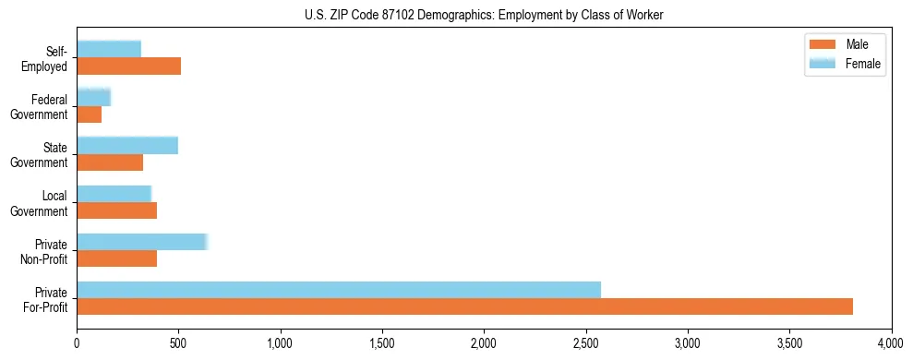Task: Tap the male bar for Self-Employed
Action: [128, 66]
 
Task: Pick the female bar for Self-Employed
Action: [109, 49]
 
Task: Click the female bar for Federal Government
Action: [93, 97]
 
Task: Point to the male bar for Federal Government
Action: [89, 114]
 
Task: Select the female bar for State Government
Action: [127, 145]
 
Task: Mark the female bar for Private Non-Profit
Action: [142, 241]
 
